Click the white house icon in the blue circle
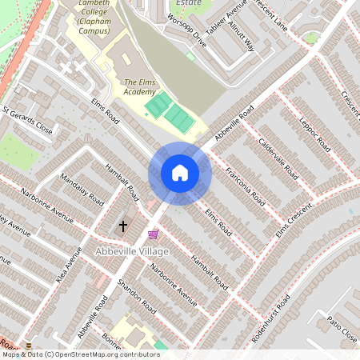coord(179,173)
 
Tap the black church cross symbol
coord(123,227)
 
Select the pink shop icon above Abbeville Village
coord(153,234)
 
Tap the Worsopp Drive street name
coord(189,33)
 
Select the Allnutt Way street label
coord(241,37)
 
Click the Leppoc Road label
coord(314,131)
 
